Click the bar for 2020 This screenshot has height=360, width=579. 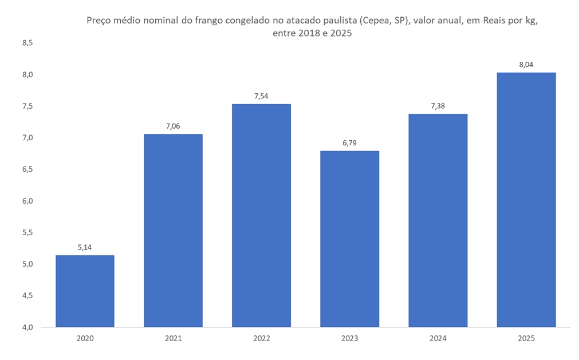pos(85,291)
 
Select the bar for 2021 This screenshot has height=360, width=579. pos(173,230)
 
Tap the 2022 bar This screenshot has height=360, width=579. pos(261,215)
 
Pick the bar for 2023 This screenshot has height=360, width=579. pos(349,239)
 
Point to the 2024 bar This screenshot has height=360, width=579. pos(438,220)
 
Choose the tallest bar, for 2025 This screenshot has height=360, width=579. pos(526,200)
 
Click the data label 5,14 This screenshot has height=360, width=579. pos(85,247)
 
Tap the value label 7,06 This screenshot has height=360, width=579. pos(173,126)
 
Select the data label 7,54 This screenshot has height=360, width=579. pos(261,96)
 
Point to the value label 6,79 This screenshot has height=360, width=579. pos(349,143)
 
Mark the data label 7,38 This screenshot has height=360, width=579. pos(438,106)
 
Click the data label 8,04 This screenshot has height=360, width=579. pos(526,64)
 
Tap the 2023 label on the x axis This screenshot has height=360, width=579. pos(349,338)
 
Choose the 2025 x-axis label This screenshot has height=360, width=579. pos(526,338)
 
